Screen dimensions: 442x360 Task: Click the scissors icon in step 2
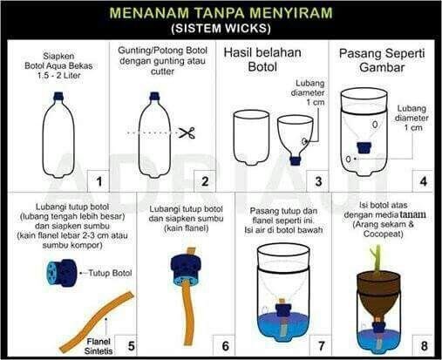coord(187,132)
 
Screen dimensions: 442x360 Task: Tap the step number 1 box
coord(99,181)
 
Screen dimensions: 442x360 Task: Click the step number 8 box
coord(424,345)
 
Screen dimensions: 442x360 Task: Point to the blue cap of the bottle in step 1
coord(59,96)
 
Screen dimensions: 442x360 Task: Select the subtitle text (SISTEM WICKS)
coord(221,29)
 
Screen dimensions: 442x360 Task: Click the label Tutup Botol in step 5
coord(110,273)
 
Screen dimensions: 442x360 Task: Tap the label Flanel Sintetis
coord(99,346)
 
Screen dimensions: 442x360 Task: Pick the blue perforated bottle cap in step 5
coord(63,273)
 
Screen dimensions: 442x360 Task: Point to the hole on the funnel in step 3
coord(304,141)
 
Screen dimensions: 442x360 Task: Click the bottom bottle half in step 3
coord(252,138)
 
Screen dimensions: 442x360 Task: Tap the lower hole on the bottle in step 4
coord(349,159)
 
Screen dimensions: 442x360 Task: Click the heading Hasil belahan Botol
coord(262,60)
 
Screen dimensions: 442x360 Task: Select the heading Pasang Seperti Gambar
coord(382,60)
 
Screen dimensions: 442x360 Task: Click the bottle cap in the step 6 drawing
coord(186,268)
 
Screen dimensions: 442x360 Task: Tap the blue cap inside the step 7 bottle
coord(282,309)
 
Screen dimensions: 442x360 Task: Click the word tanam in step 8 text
coord(412,214)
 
